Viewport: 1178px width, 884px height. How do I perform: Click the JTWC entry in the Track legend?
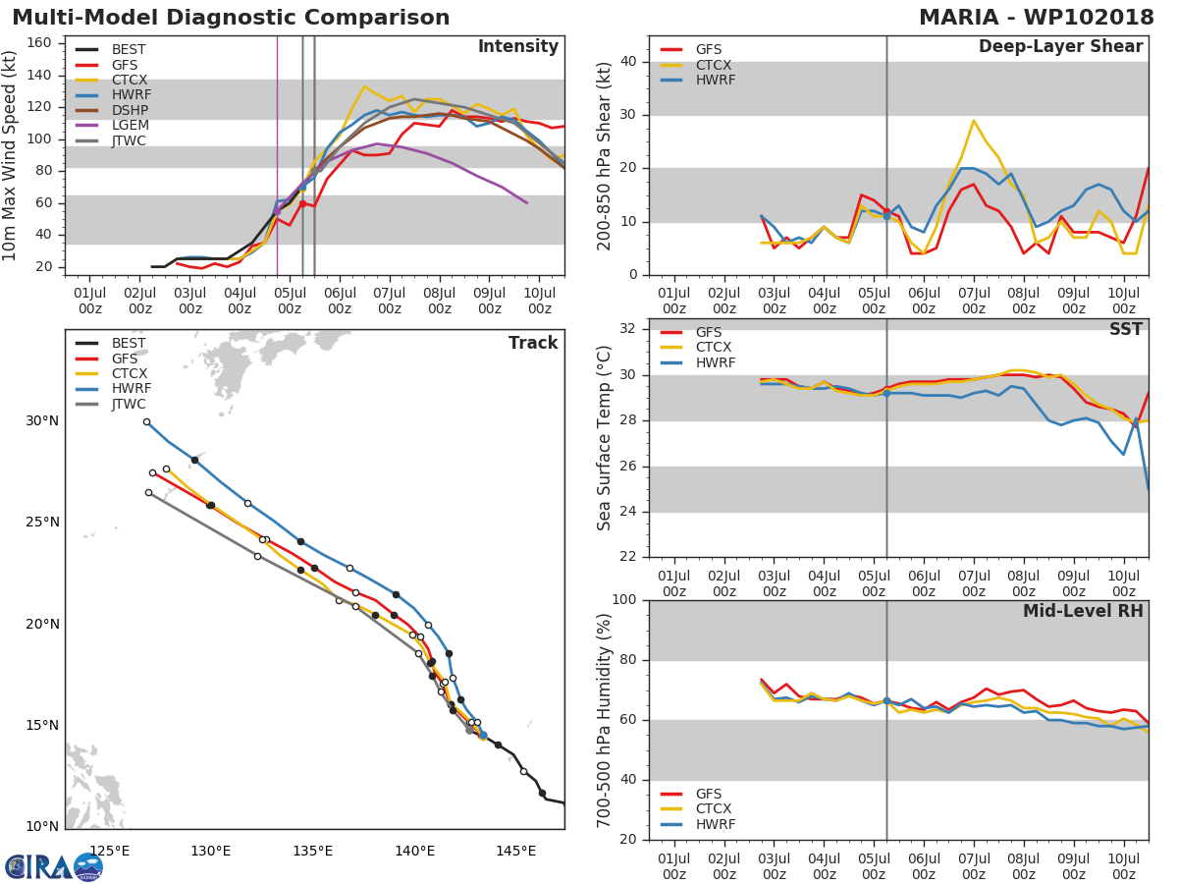coord(129,404)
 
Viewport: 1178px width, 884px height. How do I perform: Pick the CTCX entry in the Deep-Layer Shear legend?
coord(714,65)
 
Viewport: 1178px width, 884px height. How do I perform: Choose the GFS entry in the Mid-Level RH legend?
coord(714,794)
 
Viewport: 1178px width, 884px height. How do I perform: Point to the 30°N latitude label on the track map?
coord(42,420)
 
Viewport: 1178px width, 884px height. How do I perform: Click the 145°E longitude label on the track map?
coord(515,850)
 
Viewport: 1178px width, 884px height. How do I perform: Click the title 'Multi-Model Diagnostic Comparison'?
coord(231,18)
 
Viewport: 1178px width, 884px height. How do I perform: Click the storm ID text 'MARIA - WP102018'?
coord(1037,18)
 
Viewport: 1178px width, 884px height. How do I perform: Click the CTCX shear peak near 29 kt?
coord(973,121)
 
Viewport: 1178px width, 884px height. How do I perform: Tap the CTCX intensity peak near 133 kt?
coord(363,86)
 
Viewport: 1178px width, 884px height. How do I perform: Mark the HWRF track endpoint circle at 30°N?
coord(146,422)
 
